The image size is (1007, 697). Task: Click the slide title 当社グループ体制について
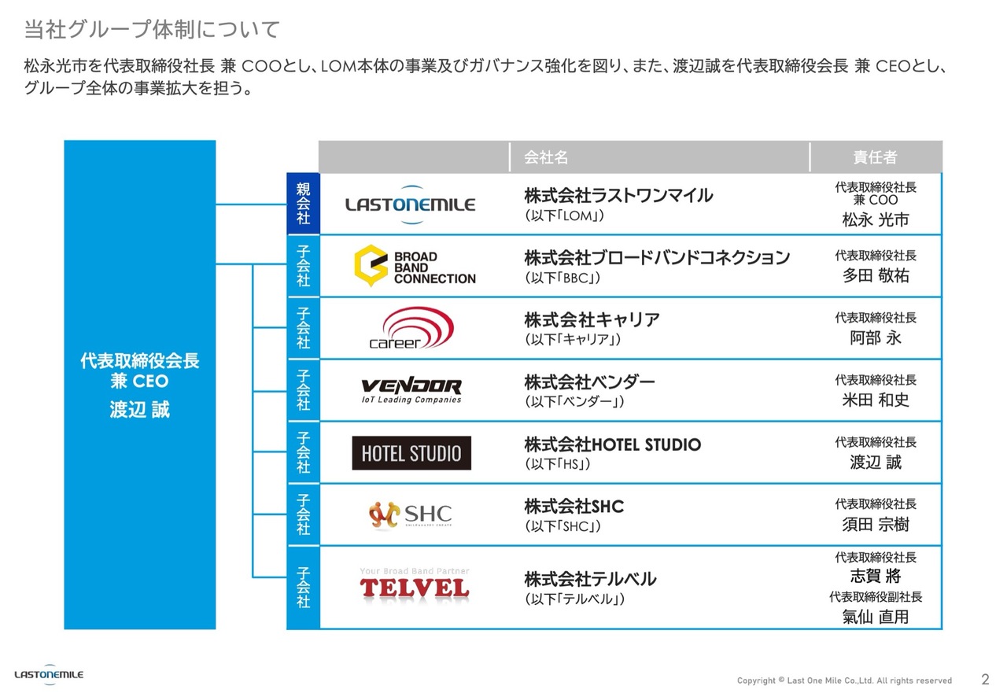[152, 31]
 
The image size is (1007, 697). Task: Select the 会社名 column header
[546, 157]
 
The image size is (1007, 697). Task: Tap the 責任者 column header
[875, 157]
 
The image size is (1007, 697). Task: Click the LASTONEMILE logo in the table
[410, 204]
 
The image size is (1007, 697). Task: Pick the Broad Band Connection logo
[415, 267]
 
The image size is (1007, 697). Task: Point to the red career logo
[411, 328]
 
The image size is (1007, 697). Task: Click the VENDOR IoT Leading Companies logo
[411, 390]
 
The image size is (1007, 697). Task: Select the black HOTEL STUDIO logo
[411, 453]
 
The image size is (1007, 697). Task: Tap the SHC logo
[410, 514]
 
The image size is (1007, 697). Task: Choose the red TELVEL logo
[414, 586]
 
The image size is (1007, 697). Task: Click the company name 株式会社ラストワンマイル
[618, 195]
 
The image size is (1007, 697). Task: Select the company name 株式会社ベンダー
[589, 382]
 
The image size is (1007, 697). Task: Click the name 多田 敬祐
[876, 276]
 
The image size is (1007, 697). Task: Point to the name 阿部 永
[876, 338]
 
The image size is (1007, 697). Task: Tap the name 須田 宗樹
[876, 525]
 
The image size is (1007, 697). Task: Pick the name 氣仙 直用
[876, 617]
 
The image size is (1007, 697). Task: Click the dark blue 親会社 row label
[304, 204]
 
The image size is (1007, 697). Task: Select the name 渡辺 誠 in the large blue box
[139, 410]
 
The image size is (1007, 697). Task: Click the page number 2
[985, 679]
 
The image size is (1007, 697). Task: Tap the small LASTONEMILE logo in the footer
[49, 674]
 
